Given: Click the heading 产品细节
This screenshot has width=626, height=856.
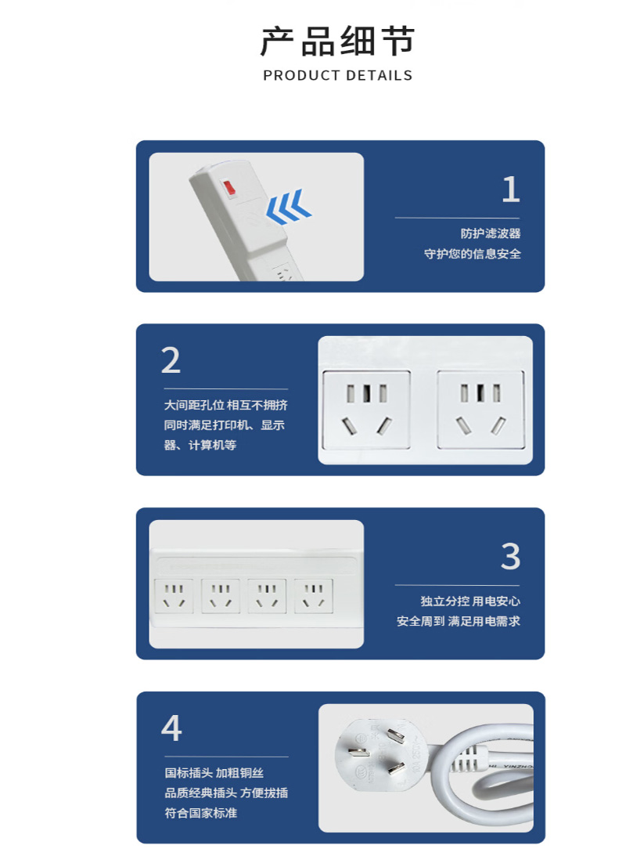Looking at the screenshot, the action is (x=337, y=41).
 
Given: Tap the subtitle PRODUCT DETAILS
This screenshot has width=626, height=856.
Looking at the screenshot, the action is (x=337, y=75).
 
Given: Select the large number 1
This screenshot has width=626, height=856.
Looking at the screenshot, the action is (x=511, y=190).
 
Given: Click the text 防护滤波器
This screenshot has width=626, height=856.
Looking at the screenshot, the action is (x=490, y=233).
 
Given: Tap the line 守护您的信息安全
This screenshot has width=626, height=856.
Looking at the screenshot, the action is (x=472, y=254).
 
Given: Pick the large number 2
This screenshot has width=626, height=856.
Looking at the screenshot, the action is (x=171, y=360).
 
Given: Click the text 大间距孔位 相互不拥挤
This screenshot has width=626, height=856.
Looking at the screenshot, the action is (x=226, y=405).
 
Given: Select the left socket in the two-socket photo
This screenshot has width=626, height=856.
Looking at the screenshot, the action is (x=366, y=410).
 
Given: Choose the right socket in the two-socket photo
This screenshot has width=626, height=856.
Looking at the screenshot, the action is (x=480, y=410).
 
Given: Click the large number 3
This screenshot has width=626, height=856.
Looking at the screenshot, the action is (x=510, y=557).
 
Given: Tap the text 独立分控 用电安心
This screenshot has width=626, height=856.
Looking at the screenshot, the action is (x=470, y=601).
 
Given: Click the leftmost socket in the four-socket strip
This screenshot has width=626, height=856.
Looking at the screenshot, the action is (x=174, y=596).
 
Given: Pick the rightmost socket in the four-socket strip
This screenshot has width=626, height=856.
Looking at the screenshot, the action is (x=314, y=596).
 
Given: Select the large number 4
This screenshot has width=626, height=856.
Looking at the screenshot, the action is (x=171, y=728).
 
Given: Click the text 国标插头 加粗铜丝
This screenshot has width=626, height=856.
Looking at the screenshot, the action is (x=214, y=773).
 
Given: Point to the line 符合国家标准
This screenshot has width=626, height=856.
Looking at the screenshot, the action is (x=200, y=813).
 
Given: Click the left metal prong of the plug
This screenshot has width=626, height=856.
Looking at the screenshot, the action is (x=358, y=753).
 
